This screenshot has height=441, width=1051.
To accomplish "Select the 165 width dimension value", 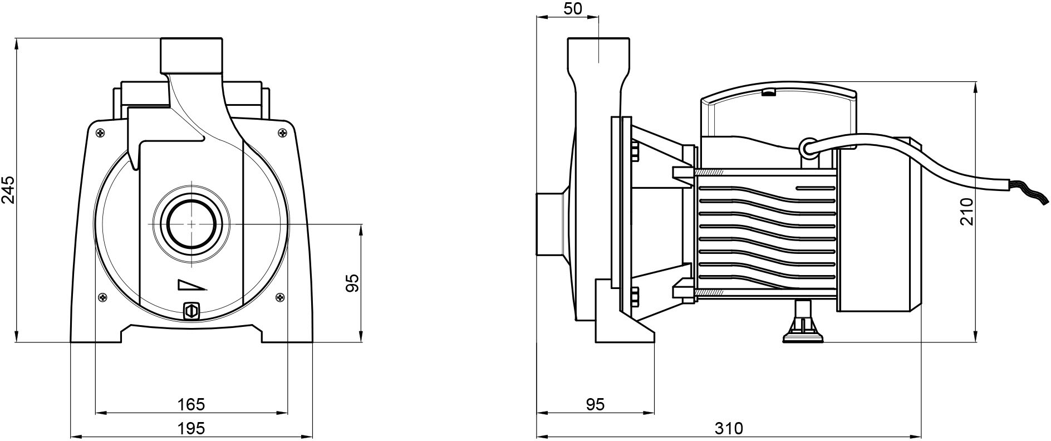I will pos(191,404).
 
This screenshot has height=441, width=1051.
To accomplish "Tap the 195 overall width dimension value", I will pos(191,428).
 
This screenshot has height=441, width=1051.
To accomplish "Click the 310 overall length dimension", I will pos(728,428).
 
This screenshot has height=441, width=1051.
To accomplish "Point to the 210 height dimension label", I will pos(967,212).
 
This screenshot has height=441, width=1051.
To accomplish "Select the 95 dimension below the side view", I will pos(595,404).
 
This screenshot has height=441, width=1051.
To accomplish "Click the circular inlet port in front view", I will pos(191,223).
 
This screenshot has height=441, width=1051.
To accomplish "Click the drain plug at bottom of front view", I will pos(191,311).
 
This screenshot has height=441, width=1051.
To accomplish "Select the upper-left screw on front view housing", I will pos(100,133).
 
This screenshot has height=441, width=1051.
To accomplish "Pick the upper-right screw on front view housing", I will pos(282,133).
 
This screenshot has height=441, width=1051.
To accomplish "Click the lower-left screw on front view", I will pos(102,297).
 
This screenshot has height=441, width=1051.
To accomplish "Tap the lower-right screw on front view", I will pos(279,297).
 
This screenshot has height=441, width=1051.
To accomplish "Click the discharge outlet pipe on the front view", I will pos(191,55).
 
